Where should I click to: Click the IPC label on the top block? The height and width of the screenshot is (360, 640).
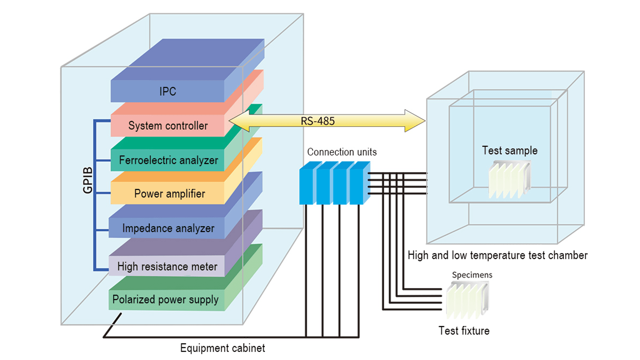pyautogui.click(x=167, y=91)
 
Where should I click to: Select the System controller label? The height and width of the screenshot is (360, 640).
pyautogui.click(x=168, y=126)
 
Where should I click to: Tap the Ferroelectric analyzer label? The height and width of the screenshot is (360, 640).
pyautogui.click(x=168, y=160)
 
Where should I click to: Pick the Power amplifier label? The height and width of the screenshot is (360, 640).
pyautogui.click(x=169, y=194)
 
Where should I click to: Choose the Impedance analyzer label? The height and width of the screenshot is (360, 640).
pyautogui.click(x=168, y=228)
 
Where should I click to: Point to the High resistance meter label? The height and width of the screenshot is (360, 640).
pyautogui.click(x=167, y=267)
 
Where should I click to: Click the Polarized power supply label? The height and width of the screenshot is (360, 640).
pyautogui.click(x=165, y=300)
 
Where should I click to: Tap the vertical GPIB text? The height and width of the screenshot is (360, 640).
pyautogui.click(x=87, y=180)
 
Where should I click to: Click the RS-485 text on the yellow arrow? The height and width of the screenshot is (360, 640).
pyautogui.click(x=317, y=121)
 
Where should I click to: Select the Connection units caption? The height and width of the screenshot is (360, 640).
pyautogui.click(x=342, y=152)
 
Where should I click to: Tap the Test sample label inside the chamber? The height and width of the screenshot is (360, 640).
pyautogui.click(x=510, y=150)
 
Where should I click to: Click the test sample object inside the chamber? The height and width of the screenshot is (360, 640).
pyautogui.click(x=509, y=179)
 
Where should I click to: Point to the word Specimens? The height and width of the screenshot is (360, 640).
pyautogui.click(x=472, y=275)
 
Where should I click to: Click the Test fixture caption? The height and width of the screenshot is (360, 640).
pyautogui.click(x=464, y=331)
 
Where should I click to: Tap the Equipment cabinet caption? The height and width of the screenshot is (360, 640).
pyautogui.click(x=222, y=348)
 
